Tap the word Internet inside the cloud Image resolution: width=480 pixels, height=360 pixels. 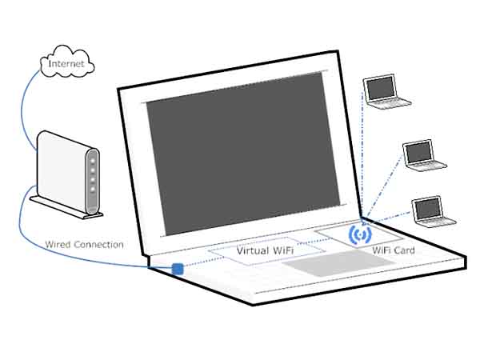click(66, 62)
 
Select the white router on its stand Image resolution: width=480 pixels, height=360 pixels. click(68, 172)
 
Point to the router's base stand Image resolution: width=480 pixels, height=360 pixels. click(64, 206)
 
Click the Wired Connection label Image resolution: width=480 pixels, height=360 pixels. click(84, 244)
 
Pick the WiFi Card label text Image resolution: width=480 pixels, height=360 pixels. click(394, 250)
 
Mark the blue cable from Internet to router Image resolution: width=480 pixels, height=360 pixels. click(30, 104)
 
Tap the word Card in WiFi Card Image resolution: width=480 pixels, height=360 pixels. click(405, 250)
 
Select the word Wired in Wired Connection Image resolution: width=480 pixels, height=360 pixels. click(58, 244)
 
